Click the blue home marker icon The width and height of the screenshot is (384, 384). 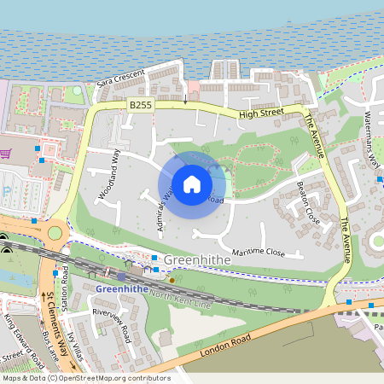(x=192, y=184)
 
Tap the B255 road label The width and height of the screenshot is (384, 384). (x=141, y=104)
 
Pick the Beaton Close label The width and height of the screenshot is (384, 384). (x=306, y=201)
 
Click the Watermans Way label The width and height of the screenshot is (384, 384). (x=373, y=137)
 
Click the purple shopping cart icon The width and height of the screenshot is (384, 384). (x=5, y=154)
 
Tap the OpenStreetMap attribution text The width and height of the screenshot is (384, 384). (x=86, y=378)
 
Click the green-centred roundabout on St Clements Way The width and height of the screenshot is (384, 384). (x=55, y=231)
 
